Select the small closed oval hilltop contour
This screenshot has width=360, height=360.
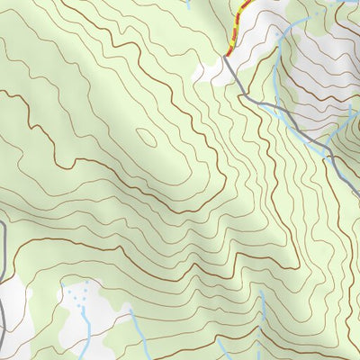145,137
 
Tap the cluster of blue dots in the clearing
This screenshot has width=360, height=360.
82,296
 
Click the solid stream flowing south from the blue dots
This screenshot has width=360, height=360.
87,337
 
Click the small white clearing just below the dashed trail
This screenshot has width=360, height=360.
214,70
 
